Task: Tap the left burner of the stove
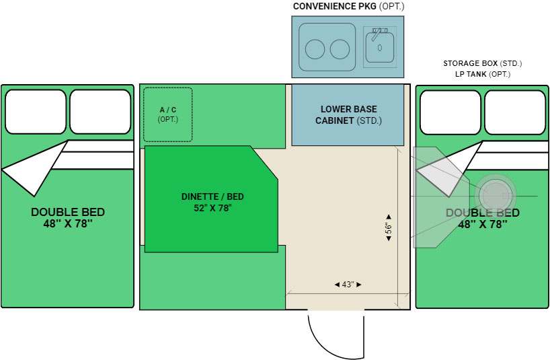[314, 48]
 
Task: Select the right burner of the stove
[340, 48]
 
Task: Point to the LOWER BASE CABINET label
[348, 115]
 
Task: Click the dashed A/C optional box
[167, 114]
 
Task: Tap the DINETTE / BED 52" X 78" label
[212, 202]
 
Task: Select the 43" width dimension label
[348, 285]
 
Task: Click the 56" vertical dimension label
[389, 227]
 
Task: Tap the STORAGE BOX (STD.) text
[482, 63]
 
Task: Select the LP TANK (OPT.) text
[482, 74]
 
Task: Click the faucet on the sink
[379, 32]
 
